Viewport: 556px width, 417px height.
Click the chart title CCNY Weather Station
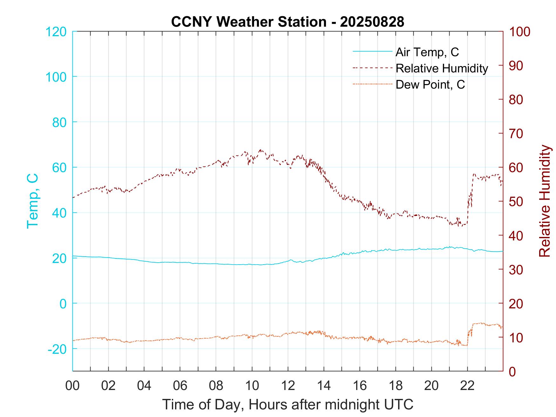(288, 22)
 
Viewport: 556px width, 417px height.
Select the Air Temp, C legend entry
(427, 52)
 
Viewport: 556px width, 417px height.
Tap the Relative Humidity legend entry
(442, 68)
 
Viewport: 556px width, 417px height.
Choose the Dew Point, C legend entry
(430, 84)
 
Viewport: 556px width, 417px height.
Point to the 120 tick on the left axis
(56, 32)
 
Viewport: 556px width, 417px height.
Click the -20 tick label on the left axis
(57, 349)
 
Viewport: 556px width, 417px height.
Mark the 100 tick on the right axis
(519, 32)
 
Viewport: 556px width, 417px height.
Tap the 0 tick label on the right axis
(512, 371)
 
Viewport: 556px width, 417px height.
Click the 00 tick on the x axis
(72, 386)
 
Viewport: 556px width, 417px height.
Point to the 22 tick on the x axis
(467, 386)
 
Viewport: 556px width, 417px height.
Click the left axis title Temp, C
(32, 201)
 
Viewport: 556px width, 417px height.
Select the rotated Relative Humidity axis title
(545, 201)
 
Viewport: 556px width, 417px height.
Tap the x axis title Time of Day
(288, 405)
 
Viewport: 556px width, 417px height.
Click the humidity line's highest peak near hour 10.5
(261, 150)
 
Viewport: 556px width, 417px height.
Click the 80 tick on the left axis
(59, 122)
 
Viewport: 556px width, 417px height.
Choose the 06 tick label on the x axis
(180, 386)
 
